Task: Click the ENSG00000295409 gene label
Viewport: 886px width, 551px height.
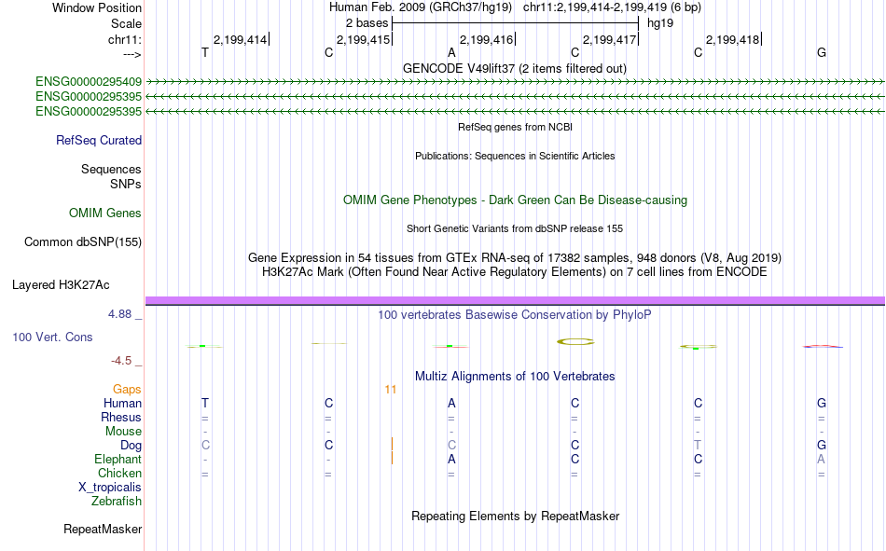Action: (89, 82)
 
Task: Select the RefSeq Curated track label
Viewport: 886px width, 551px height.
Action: (99, 140)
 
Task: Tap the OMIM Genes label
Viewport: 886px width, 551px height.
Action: (105, 214)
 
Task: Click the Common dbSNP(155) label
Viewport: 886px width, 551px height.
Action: (83, 241)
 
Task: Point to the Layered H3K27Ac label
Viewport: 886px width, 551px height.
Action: (61, 285)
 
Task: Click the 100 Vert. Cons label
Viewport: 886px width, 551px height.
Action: (52, 337)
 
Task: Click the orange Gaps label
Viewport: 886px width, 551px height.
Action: (127, 390)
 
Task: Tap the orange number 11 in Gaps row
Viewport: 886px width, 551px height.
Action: (391, 390)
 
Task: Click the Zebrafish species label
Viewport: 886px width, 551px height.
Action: (117, 502)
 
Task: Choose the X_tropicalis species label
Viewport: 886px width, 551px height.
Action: (110, 488)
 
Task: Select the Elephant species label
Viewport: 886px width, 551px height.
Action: (118, 460)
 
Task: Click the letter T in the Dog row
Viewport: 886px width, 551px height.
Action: (698, 446)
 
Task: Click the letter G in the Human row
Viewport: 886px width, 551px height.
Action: (822, 404)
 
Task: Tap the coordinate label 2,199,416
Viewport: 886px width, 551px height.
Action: (487, 39)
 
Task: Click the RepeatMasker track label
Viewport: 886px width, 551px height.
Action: (103, 530)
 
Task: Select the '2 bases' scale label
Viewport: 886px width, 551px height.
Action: (367, 23)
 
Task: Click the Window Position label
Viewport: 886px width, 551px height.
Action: (97, 7)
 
